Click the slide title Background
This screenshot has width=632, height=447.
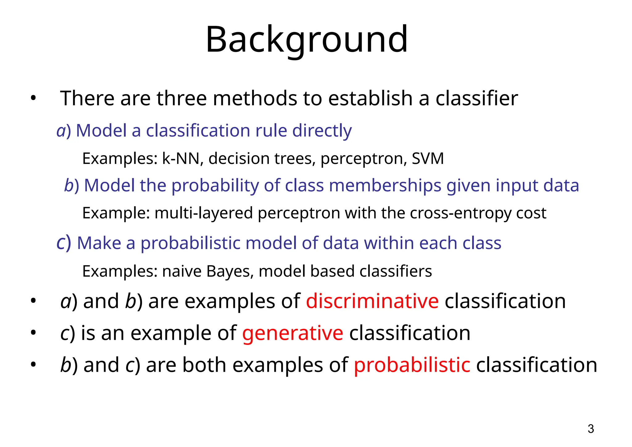[x=307, y=40]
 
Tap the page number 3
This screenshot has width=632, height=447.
[x=591, y=429]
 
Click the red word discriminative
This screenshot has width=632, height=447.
[x=372, y=301]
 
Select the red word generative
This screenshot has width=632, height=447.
[x=293, y=333]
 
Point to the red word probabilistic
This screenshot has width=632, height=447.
[x=412, y=365]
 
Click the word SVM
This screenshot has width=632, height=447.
[x=428, y=158]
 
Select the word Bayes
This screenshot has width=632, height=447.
[x=230, y=271]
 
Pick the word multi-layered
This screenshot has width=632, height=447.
[x=204, y=213]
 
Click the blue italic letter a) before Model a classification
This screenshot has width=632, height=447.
[x=63, y=131]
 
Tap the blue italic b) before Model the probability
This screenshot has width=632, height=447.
[x=72, y=186]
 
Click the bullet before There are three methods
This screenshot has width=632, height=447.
[x=33, y=99]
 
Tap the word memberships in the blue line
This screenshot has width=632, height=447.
[x=385, y=186]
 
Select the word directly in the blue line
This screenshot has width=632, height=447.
[x=322, y=131]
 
